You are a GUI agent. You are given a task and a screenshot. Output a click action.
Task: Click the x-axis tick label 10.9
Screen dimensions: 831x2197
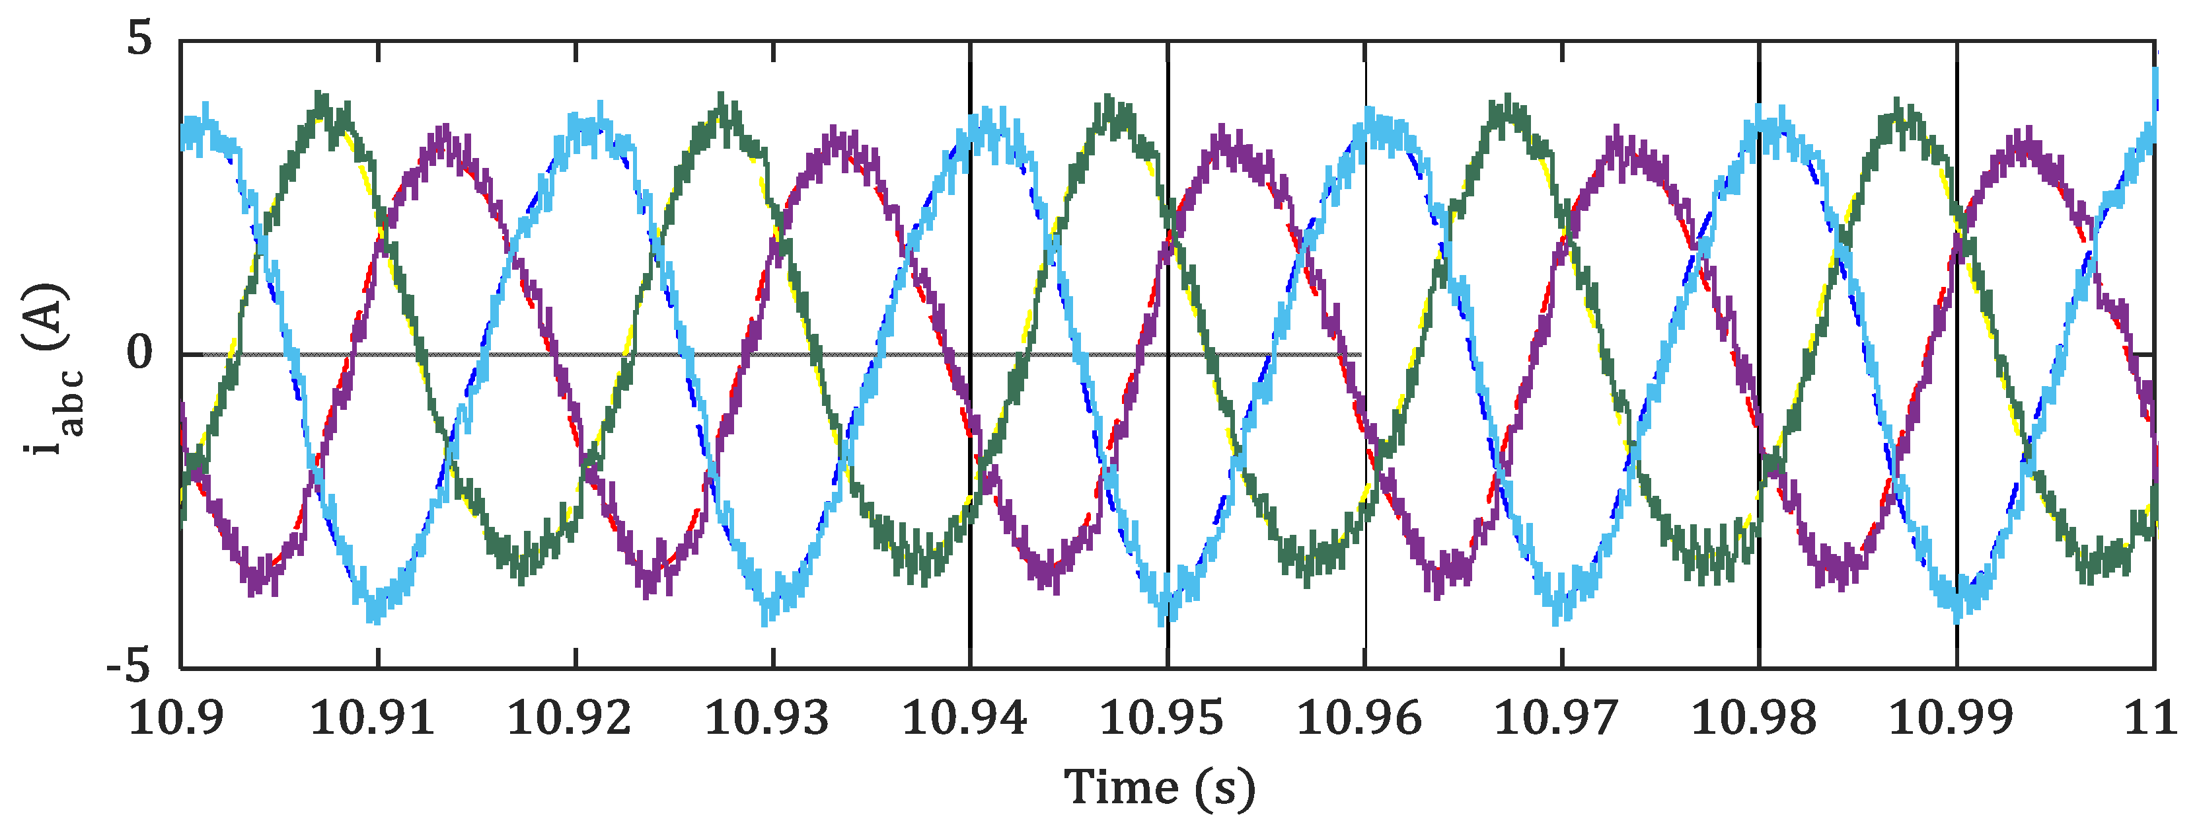(176, 719)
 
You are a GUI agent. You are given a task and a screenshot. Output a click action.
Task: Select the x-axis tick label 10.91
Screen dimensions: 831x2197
(372, 719)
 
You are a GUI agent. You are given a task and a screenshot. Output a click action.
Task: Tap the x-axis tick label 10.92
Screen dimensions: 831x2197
(569, 719)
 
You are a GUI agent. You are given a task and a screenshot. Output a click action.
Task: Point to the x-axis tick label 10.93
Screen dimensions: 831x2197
(766, 719)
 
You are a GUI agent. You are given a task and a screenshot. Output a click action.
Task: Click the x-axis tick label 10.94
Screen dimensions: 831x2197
(964, 719)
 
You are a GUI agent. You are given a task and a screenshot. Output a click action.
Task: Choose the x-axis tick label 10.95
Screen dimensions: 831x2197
(1161, 719)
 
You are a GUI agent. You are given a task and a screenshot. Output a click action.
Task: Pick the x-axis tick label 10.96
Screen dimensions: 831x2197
(1359, 719)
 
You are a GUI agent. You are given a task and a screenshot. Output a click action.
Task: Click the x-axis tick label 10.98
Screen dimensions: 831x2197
(1754, 719)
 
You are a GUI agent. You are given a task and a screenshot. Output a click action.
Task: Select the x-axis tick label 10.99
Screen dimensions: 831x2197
(1951, 719)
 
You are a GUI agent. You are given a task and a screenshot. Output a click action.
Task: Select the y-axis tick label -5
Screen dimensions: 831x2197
(128, 667)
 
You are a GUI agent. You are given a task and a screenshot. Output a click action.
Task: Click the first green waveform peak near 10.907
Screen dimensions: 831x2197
(320, 98)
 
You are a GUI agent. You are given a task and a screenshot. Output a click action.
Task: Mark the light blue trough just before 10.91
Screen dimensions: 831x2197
(373, 616)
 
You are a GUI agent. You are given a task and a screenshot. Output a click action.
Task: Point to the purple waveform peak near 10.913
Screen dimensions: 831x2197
(443, 132)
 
